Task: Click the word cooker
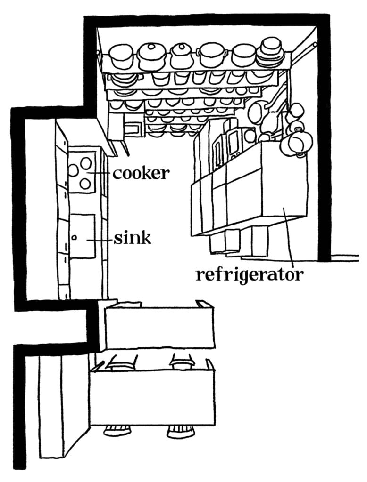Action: [141, 173]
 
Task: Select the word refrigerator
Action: [249, 274]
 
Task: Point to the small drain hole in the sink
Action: [74, 237]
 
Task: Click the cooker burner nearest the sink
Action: [85, 184]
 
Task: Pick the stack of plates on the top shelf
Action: [270, 52]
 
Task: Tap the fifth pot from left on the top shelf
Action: [243, 56]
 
